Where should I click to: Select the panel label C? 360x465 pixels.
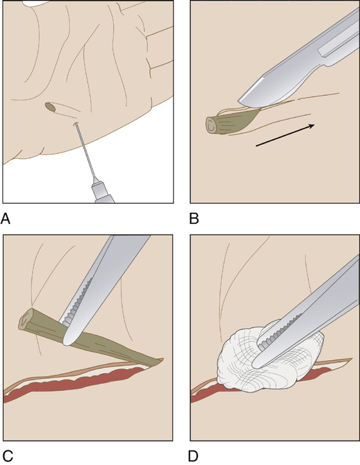click(x=7, y=455)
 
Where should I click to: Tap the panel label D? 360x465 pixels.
click(x=194, y=455)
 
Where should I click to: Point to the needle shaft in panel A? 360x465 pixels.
click(x=85, y=150)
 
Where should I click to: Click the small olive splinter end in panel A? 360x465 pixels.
click(x=50, y=107)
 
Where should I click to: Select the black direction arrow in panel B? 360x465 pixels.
click(x=285, y=135)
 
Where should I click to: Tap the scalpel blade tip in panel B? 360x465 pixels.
click(x=241, y=101)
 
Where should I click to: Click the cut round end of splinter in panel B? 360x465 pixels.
click(x=211, y=126)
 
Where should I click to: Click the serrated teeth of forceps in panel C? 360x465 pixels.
click(x=76, y=300)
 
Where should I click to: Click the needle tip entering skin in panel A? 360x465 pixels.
click(x=76, y=124)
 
